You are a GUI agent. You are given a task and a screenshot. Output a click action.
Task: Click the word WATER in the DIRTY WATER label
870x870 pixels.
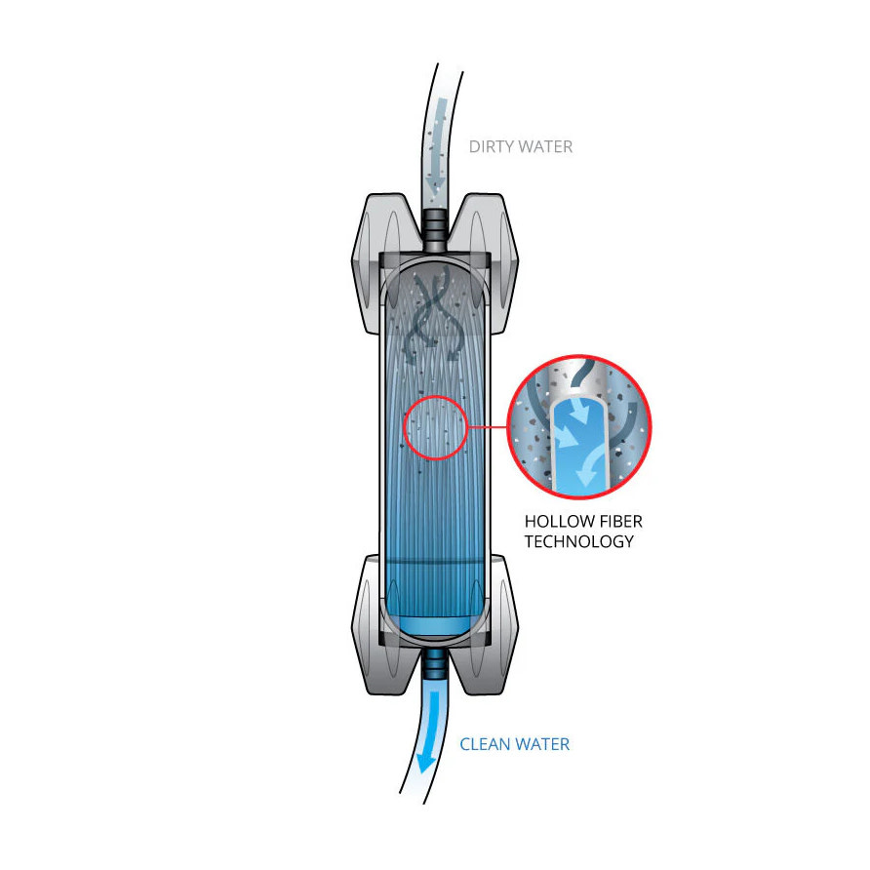[545, 146]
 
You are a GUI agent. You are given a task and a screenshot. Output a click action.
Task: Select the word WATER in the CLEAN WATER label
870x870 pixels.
[541, 744]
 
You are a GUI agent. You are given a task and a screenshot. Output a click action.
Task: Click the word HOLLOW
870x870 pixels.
[560, 522]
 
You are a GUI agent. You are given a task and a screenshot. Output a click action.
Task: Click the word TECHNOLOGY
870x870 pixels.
[579, 541]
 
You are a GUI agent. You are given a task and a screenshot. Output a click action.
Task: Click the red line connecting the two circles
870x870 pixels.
[489, 427]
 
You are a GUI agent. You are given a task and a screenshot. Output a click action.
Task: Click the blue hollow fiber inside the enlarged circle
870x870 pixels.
[579, 444]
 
